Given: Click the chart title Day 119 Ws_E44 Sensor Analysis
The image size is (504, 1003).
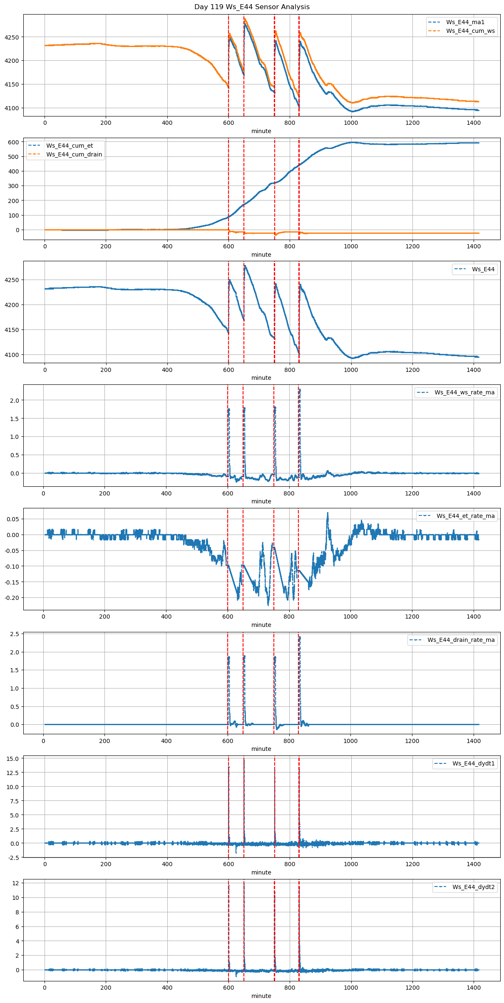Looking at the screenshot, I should click(x=252, y=7).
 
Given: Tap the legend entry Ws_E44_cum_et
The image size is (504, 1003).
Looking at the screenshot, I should click(x=70, y=146).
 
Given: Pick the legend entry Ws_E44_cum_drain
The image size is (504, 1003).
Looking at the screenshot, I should click(x=74, y=154).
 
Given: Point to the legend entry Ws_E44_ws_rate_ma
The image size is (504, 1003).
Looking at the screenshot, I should click(x=464, y=392).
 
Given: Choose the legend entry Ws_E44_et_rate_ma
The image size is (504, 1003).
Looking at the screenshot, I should click(x=465, y=516).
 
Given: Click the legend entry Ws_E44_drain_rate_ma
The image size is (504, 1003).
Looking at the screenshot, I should click(x=461, y=640).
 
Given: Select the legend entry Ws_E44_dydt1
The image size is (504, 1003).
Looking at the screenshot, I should click(x=473, y=763).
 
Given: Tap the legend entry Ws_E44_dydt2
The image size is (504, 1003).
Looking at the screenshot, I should click(x=473, y=887).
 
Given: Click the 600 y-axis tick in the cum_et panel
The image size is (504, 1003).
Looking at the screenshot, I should click(x=14, y=142).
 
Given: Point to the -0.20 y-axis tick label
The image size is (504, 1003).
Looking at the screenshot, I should click(x=12, y=598).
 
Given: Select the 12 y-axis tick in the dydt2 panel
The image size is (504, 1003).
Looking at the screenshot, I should click(x=15, y=883).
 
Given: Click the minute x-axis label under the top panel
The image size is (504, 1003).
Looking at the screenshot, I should click(x=261, y=131).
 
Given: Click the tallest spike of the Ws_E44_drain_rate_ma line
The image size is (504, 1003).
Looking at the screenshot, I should click(x=300, y=637).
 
